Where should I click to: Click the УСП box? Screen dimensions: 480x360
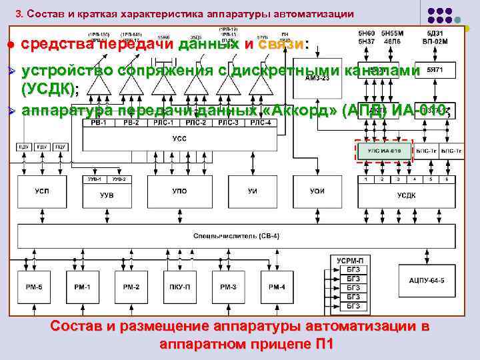coord(41,192)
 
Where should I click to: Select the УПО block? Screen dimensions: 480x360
coord(180,192)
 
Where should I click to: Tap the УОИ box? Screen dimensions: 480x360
coord(317,192)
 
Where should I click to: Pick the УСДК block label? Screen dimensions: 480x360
coord(406,195)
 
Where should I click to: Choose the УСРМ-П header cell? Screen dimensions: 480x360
coord(351,260)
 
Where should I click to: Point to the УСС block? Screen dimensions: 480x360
coord(180,139)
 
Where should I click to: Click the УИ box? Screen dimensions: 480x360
coord(253,192)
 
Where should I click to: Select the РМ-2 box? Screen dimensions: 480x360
coord(131,287)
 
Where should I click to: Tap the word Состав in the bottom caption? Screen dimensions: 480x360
coord(77,326)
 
